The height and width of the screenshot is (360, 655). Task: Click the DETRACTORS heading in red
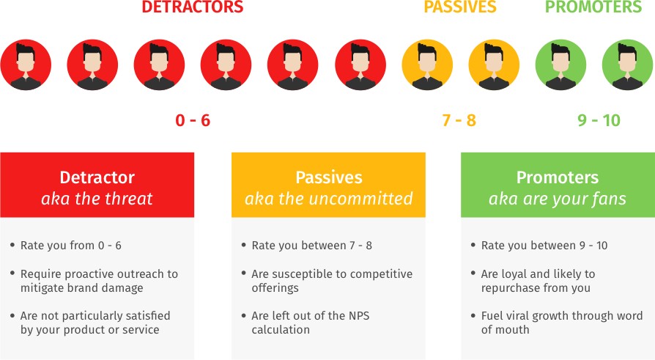click(x=193, y=7)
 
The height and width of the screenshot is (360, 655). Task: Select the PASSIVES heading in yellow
click(x=460, y=7)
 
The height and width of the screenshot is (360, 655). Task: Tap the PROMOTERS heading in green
click(x=593, y=7)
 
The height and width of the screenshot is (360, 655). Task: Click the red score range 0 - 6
click(x=193, y=120)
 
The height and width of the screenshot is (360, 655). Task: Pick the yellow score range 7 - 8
click(x=459, y=120)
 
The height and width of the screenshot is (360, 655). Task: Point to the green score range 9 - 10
click(x=599, y=120)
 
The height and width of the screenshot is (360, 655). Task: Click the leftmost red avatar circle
click(x=26, y=65)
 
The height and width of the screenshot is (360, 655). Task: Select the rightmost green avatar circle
click(x=627, y=65)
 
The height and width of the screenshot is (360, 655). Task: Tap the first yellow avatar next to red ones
click(x=427, y=65)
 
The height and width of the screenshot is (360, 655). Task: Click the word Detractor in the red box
click(x=97, y=177)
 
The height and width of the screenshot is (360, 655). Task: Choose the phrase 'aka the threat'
click(x=97, y=199)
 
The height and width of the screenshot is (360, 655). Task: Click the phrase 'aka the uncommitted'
click(x=329, y=199)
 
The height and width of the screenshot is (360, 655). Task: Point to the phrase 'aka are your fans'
click(x=558, y=199)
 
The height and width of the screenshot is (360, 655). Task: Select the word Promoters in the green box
click(x=558, y=177)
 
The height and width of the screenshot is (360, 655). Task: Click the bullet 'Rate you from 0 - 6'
click(x=71, y=246)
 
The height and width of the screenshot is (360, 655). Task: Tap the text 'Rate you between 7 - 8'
click(x=311, y=246)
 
